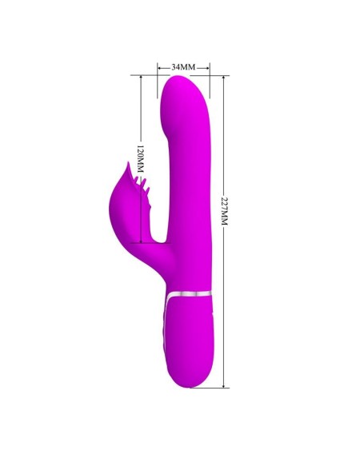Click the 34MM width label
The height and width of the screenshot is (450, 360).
184,66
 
